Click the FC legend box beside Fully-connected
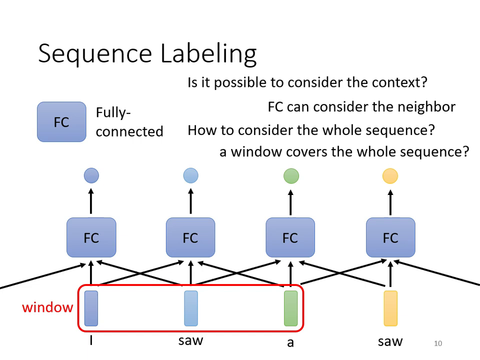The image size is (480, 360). pos(61,122)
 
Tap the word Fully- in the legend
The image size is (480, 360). pos(113,112)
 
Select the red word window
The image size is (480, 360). pos(47,307)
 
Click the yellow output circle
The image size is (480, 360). pos(390,176)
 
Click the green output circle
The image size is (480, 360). pos(291,176)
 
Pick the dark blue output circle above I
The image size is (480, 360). pos(91,175)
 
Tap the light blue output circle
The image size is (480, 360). pos(190,175)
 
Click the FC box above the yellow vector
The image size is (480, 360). pos(390,237)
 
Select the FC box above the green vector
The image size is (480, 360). pos(290,237)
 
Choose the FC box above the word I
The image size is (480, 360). pos(91,237)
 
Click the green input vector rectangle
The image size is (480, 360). pos(290,308)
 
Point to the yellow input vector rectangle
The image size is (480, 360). pos(390,308)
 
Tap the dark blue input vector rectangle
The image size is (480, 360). pos(91,308)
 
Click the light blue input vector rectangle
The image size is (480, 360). pos(190,308)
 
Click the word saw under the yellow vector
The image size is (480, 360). pos(390,342)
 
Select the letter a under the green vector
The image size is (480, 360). pos(290,343)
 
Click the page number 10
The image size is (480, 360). pos(438,343)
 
